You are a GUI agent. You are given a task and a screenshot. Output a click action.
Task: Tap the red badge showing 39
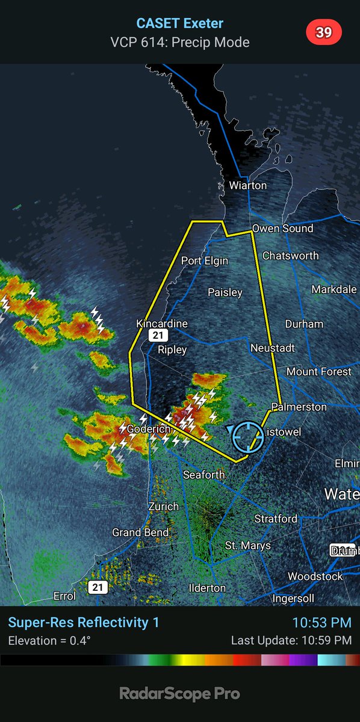tap(324, 32)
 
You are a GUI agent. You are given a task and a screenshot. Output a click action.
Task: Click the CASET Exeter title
tap(180, 23)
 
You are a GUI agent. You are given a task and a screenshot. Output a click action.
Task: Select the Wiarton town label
tap(247, 185)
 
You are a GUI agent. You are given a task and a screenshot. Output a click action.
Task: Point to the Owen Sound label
tap(282, 229)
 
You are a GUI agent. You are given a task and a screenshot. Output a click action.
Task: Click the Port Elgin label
tap(205, 261)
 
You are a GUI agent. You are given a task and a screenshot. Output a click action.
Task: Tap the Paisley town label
tap(225, 292)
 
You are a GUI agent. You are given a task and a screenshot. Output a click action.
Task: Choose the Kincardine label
tap(162, 324)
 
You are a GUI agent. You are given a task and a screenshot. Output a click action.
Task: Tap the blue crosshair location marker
tap(247, 437)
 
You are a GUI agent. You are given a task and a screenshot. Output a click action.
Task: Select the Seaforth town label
tap(204, 475)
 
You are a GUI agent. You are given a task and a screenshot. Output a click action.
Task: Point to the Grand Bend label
tap(140, 532)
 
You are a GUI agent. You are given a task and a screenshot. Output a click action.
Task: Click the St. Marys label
tap(248, 546)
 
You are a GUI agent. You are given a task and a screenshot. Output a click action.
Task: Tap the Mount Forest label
tap(318, 372)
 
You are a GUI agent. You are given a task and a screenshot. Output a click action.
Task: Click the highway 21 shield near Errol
tap(98, 587)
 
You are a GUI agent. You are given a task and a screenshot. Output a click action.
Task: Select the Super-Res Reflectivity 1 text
tap(84, 622)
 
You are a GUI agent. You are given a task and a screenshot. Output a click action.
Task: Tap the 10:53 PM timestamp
tap(322, 622)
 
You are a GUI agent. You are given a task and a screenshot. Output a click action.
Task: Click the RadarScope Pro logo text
tap(179, 694)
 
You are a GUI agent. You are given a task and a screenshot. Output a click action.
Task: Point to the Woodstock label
tap(315, 576)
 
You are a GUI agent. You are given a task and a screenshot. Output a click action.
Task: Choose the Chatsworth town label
tap(291, 256)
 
